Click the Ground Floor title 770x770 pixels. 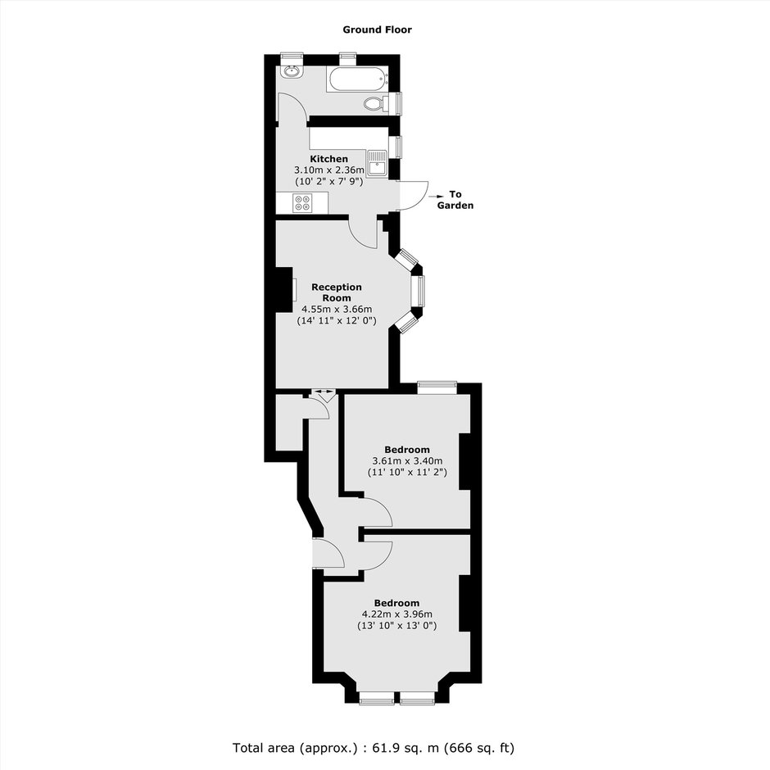[x=377, y=29]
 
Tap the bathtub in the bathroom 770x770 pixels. [x=358, y=79]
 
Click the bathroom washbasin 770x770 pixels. [x=292, y=71]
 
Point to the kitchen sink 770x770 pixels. [x=378, y=164]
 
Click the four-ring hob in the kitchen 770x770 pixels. [x=301, y=203]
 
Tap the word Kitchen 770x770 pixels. [x=329, y=159]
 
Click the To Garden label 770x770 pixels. [x=455, y=200]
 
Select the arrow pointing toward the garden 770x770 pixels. [x=435, y=196]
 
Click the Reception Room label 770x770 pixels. [x=337, y=292]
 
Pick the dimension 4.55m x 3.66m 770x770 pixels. [x=337, y=310]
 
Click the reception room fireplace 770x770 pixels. [x=285, y=290]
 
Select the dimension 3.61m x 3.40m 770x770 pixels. [x=407, y=461]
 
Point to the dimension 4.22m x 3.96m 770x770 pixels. [x=396, y=614]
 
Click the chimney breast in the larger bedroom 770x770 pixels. [x=465, y=603]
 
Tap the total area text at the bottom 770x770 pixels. [x=374, y=748]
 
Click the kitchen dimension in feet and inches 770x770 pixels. [x=329, y=182]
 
